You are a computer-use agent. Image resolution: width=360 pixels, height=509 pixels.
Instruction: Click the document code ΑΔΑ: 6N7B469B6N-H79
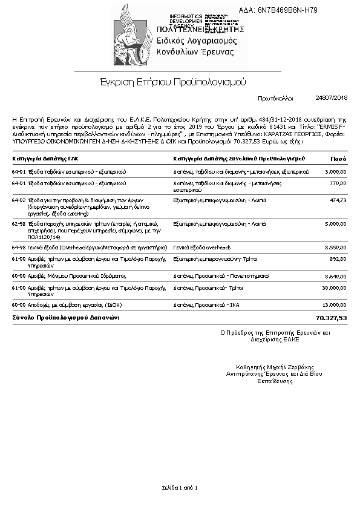(287, 10)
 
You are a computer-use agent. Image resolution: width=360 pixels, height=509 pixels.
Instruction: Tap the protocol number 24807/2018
(332, 97)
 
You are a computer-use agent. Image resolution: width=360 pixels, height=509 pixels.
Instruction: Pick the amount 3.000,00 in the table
(335, 172)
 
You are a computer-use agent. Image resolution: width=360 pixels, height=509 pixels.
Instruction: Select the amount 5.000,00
(335, 223)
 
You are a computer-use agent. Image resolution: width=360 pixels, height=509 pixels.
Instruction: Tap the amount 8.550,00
(335, 247)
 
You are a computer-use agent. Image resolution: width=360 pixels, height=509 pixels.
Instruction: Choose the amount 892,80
(338, 258)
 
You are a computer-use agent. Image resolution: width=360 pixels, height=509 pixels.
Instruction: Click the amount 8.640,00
(335, 275)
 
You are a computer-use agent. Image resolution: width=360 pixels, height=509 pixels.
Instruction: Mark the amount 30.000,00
(334, 287)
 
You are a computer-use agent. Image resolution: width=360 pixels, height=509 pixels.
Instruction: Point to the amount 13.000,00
(334, 305)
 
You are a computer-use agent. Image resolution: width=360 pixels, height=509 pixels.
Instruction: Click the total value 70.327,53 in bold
(332, 317)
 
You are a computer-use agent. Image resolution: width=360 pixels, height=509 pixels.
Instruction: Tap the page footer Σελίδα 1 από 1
(180, 487)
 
